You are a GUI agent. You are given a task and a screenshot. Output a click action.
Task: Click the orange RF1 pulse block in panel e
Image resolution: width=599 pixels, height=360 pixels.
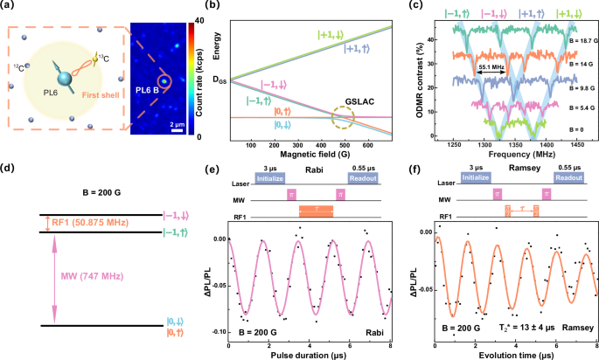point(315,211)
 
